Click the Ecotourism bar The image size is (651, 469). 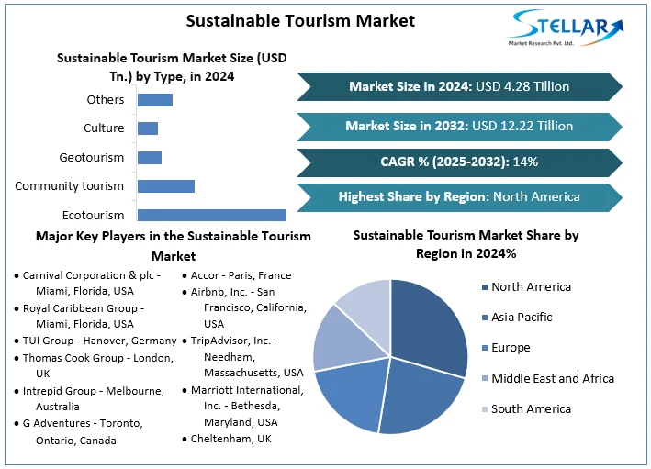click(211, 215)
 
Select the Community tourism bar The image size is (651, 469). click(165, 186)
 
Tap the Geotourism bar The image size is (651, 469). click(149, 158)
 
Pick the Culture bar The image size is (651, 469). click(147, 128)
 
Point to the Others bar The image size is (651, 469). click(154, 100)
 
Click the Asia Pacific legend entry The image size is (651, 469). click(522, 318)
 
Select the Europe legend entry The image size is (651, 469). click(511, 348)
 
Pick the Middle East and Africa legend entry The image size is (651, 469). click(552, 378)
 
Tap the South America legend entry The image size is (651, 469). click(531, 409)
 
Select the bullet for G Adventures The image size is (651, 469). click(17, 424)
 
